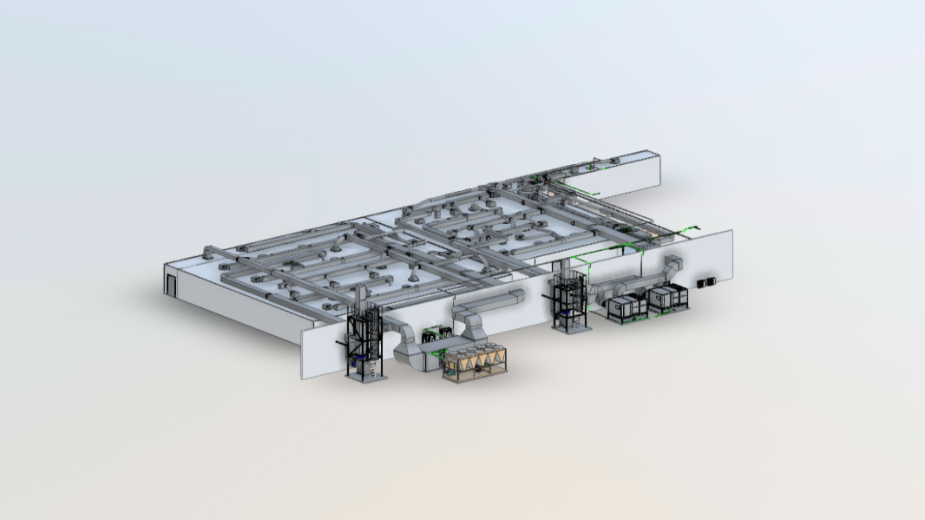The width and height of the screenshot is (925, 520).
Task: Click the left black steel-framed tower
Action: (x=364, y=343)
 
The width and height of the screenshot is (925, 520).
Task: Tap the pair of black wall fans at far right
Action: (x=708, y=282)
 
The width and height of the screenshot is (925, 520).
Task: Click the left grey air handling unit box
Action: (x=627, y=306)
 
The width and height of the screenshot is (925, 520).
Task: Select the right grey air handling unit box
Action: (x=669, y=297)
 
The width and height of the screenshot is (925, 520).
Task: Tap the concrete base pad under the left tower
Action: (x=369, y=377)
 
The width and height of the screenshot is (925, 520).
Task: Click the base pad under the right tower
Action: (x=574, y=328)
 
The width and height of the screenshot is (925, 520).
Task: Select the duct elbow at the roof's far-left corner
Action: (x=208, y=252)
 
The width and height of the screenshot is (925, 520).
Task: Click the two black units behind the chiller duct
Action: (x=431, y=333)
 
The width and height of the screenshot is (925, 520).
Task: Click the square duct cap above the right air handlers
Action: (x=672, y=265)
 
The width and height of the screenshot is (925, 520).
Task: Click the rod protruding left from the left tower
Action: (x=340, y=345)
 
